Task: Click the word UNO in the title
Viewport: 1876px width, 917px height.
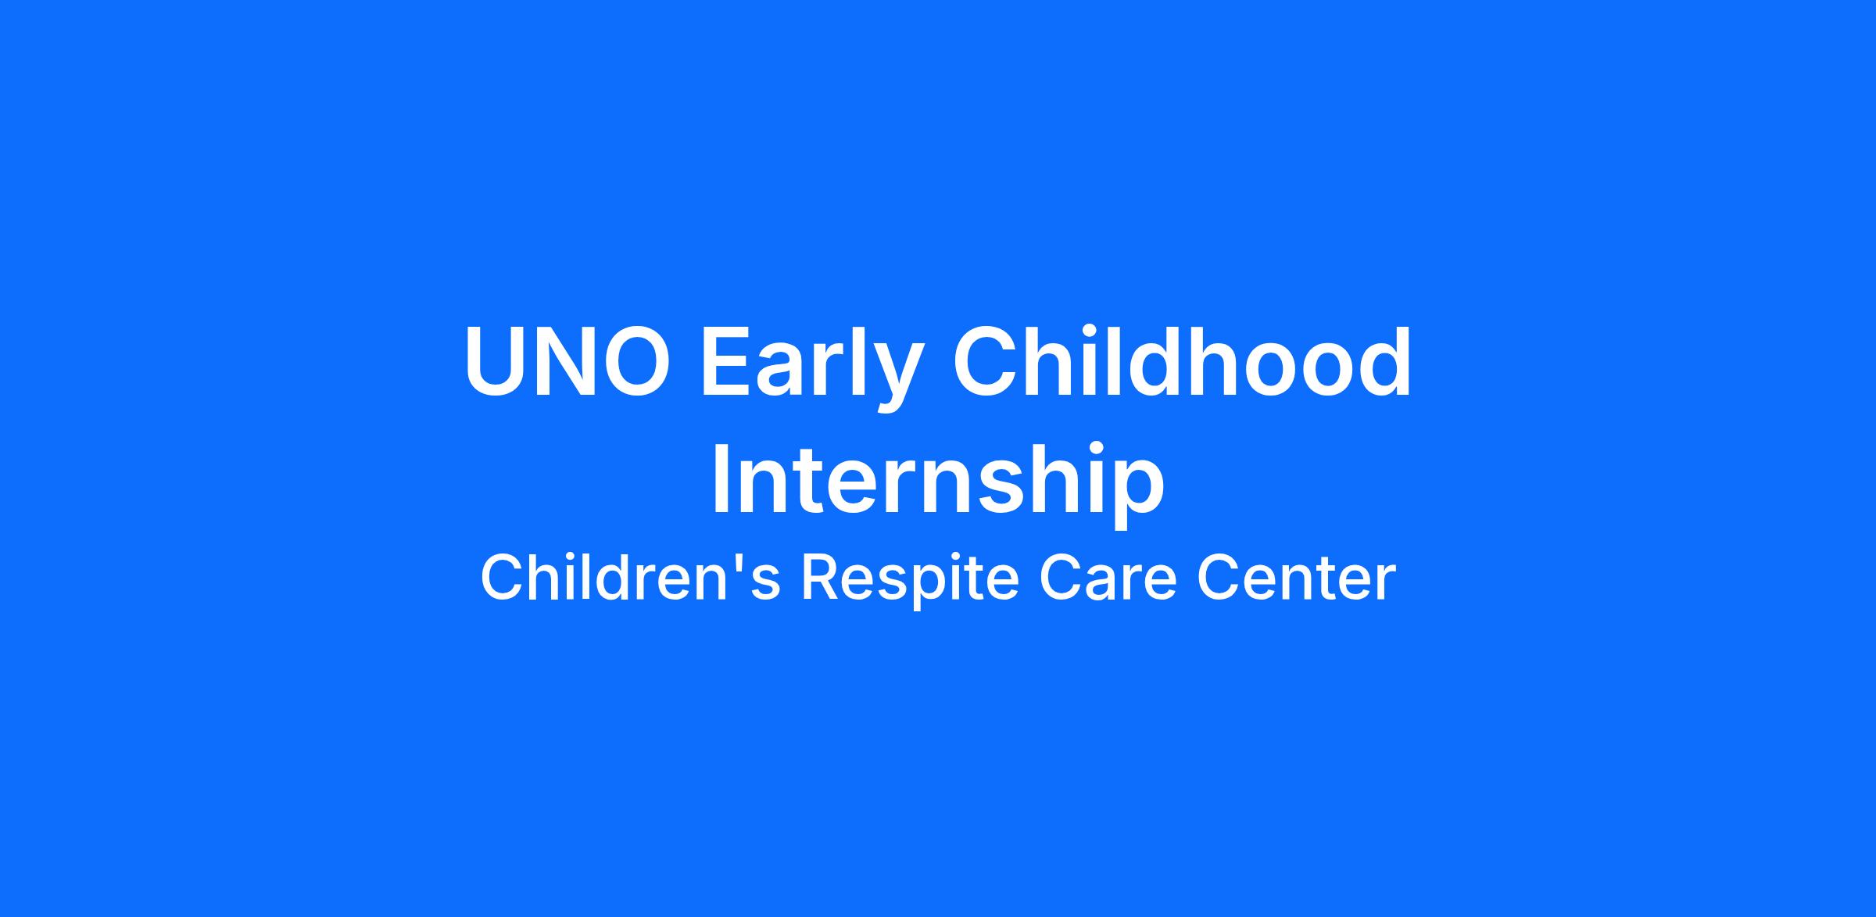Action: click(x=567, y=362)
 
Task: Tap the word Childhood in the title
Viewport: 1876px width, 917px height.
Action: click(x=1182, y=361)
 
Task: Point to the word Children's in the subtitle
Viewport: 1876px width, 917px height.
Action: click(x=630, y=578)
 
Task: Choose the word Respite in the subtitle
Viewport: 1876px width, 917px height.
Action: click(x=911, y=579)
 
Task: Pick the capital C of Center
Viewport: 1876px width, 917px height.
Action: click(x=1219, y=578)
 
